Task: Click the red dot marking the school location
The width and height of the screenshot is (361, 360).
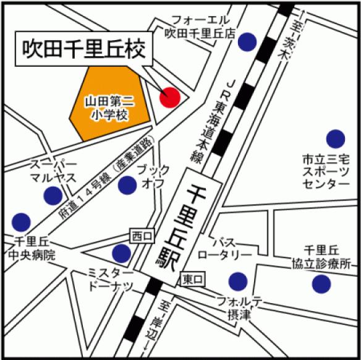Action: (169, 97)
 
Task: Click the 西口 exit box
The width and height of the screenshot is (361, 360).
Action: (139, 235)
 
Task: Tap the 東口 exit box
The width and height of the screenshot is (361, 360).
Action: (192, 280)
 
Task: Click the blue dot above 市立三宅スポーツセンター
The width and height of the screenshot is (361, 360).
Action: (336, 139)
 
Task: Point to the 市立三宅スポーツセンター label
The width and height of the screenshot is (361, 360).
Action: (326, 172)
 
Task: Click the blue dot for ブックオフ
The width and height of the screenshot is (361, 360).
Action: (127, 184)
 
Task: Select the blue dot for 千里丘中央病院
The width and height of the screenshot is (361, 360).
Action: (21, 221)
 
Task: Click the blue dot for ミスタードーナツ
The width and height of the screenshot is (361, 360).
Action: (121, 252)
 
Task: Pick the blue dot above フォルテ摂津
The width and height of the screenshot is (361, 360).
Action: (237, 281)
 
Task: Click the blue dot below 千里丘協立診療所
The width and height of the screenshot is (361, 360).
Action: (321, 284)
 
